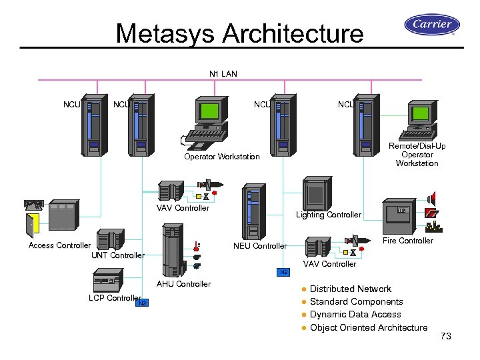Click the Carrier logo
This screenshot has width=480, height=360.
click(x=432, y=25)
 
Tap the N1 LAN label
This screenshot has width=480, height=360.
click(x=223, y=73)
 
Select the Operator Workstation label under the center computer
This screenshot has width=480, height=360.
click(x=222, y=157)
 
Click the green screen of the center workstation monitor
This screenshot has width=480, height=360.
click(x=211, y=111)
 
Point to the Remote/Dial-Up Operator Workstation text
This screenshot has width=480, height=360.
click(x=417, y=155)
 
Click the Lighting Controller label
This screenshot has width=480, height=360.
click(x=329, y=215)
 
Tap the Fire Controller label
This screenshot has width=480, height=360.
click(x=408, y=241)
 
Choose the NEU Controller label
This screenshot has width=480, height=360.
click(x=260, y=246)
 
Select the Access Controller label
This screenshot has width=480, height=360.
click(x=59, y=245)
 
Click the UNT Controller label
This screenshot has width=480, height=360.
click(x=117, y=255)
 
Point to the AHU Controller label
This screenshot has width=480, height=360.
click(x=183, y=284)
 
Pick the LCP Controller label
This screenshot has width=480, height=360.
click(x=115, y=298)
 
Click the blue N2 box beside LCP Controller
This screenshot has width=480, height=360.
click(x=143, y=304)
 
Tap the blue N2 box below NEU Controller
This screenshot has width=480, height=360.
click(x=283, y=272)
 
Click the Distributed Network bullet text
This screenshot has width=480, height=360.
click(x=351, y=289)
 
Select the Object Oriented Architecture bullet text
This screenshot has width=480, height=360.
click(x=369, y=327)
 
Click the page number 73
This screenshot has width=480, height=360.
click(x=446, y=337)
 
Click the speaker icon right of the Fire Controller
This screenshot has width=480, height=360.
click(x=432, y=199)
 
